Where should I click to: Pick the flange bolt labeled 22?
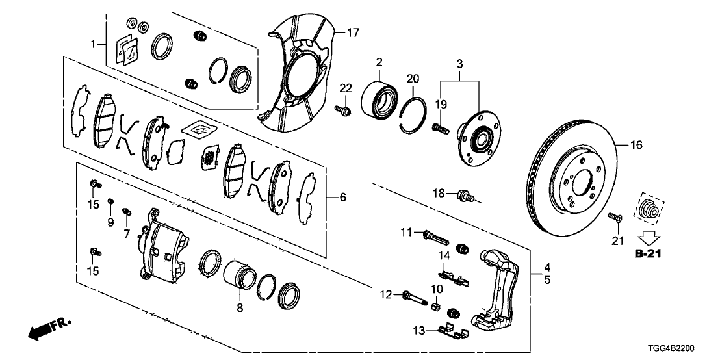point(344,111)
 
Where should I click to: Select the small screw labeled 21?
point(614,218)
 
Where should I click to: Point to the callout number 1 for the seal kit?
point(94,44)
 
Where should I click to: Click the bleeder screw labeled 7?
point(127,211)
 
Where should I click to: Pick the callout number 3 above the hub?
point(459,64)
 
